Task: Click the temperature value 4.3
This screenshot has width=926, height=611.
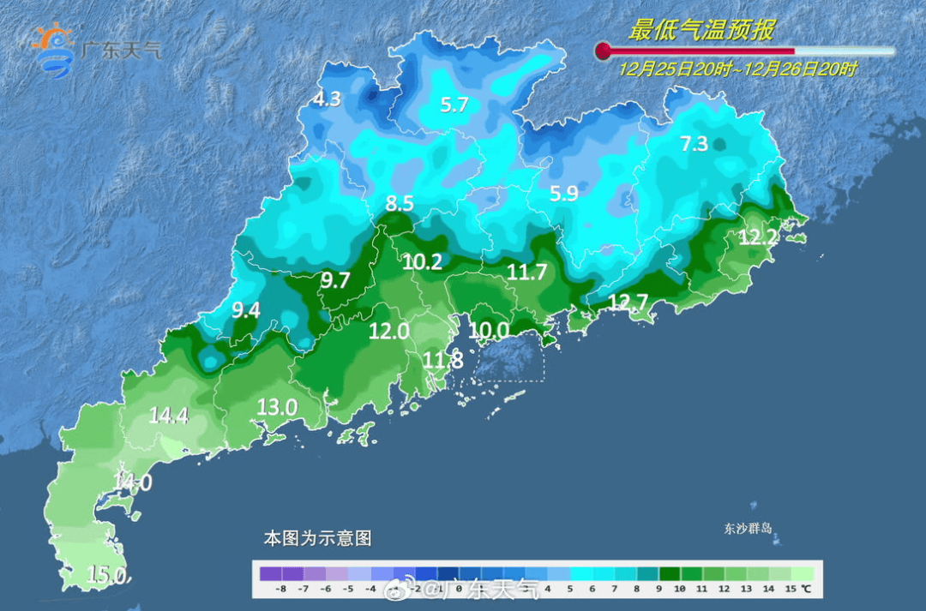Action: point(327,99)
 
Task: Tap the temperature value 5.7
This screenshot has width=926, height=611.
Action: point(454,105)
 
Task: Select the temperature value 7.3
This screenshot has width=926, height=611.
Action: point(694,144)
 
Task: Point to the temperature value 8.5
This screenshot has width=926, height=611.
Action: point(400,204)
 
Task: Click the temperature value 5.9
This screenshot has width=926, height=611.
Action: point(563,195)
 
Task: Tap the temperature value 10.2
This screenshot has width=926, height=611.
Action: point(423,262)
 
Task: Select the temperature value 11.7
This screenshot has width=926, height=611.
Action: point(526,273)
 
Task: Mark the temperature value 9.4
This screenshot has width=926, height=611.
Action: point(246,311)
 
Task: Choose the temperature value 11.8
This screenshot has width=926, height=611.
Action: point(443,361)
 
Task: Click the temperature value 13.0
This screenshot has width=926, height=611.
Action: point(277,407)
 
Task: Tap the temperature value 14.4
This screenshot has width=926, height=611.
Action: point(168,416)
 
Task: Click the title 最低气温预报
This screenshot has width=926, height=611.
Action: point(701,31)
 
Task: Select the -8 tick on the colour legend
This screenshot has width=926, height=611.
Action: point(280,590)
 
